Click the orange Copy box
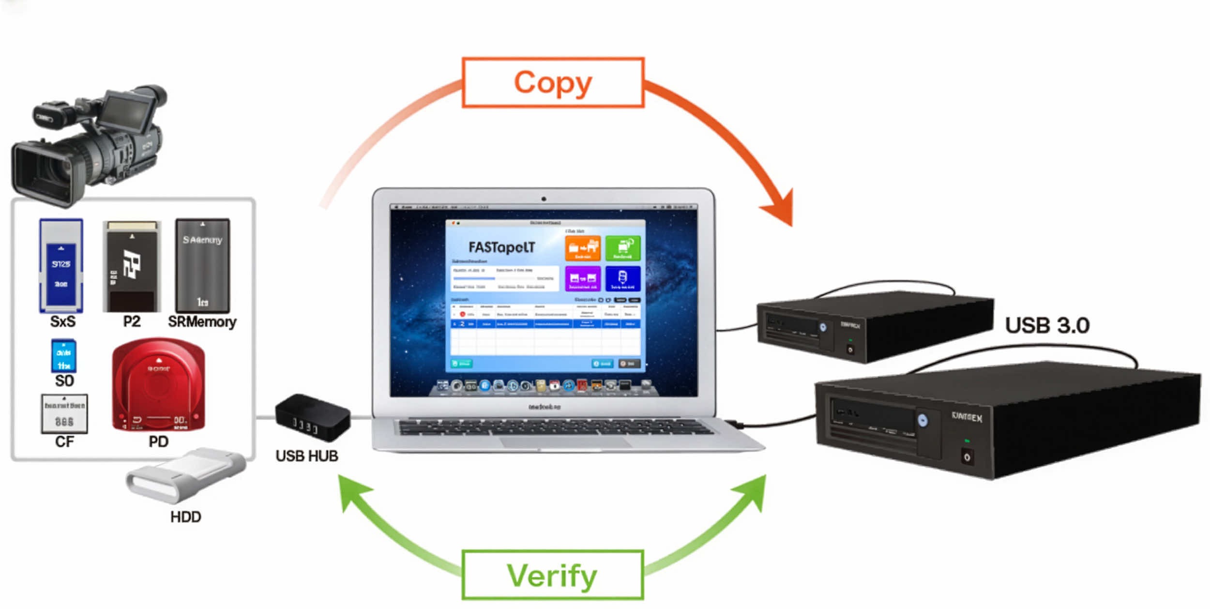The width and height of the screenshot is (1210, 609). (x=553, y=83)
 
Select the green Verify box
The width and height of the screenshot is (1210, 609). (x=552, y=575)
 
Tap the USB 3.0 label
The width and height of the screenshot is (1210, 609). (x=1047, y=325)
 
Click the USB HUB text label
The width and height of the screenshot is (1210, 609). (x=306, y=456)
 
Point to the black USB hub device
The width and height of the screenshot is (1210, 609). (x=312, y=417)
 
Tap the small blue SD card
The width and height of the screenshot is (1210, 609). (x=64, y=356)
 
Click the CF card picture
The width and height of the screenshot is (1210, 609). (x=64, y=414)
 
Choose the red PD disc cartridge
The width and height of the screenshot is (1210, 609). (x=158, y=385)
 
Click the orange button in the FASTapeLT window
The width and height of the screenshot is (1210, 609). (x=583, y=248)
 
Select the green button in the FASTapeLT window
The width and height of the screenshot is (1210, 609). (x=623, y=248)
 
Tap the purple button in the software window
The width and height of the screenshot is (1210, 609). (x=583, y=278)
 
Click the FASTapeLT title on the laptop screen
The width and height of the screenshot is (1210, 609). (x=501, y=248)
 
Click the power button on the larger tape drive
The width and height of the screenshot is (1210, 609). (x=967, y=457)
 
